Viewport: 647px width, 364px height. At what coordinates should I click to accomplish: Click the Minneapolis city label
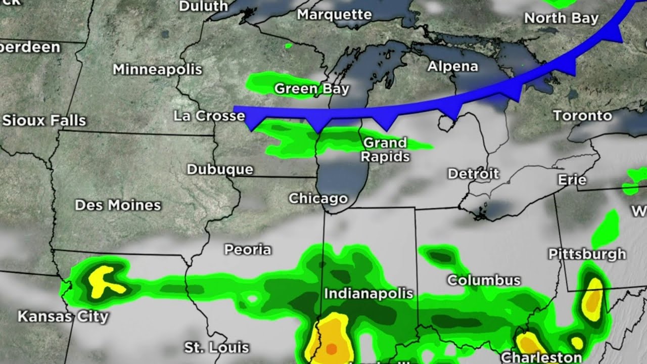[157, 69]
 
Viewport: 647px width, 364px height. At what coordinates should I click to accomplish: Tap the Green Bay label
[311, 89]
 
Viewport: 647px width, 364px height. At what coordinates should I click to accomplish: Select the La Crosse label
[209, 116]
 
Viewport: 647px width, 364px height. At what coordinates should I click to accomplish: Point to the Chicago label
[318, 198]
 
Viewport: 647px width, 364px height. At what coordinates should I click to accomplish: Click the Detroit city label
[473, 174]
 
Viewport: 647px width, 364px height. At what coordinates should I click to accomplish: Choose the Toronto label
[582, 116]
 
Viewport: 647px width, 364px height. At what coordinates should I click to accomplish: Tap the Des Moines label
[118, 205]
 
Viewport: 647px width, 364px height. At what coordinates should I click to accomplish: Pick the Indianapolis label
[368, 293]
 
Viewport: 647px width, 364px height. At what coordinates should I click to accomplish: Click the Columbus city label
[483, 280]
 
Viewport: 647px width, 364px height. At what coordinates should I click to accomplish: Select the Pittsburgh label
[587, 254]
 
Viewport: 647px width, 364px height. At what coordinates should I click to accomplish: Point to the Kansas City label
[63, 317]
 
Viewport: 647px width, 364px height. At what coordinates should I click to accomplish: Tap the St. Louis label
[216, 347]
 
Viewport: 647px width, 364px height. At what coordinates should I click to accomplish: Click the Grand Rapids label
[385, 150]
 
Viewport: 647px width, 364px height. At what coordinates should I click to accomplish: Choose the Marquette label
[334, 15]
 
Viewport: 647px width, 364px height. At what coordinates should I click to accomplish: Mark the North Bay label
[561, 18]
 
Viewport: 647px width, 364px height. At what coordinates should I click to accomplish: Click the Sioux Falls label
[44, 121]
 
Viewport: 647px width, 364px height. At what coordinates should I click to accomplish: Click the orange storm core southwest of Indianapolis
[331, 348]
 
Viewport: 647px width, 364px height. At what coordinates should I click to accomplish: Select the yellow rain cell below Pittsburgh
[593, 298]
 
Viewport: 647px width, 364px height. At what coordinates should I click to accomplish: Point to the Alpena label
[452, 66]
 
